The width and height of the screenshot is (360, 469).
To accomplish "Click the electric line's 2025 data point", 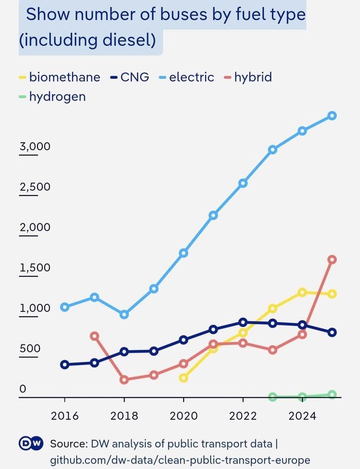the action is pos(332,115).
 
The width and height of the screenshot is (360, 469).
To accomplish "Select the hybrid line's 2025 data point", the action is pos(332,259).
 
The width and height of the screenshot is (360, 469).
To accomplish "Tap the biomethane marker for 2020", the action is pos(184,378).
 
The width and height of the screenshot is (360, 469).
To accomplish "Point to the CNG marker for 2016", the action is pos(65,364).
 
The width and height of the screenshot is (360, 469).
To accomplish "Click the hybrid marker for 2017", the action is pos(95,336).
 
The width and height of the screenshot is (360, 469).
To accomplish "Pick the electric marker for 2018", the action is pos(124,315).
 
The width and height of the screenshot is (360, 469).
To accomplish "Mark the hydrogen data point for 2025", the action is pos(332,394).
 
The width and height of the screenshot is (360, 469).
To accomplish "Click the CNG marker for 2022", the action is pos(243,322).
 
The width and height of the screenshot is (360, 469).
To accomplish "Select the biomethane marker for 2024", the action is pos(302,292).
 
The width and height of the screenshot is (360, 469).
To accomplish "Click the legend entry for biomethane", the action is pos(60,77).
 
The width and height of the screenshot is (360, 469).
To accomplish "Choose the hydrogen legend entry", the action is pos(52,97).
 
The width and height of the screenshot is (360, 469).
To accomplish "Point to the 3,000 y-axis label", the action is pos(35,147).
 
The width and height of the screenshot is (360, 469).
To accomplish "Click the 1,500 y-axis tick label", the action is pos(35,267).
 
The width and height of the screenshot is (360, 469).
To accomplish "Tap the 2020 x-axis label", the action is pos(184,416).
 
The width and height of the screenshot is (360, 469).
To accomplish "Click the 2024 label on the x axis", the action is pos(302,416).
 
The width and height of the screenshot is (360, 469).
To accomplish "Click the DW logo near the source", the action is pos(31,443).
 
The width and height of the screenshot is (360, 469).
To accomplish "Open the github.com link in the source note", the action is pos(180,460).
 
